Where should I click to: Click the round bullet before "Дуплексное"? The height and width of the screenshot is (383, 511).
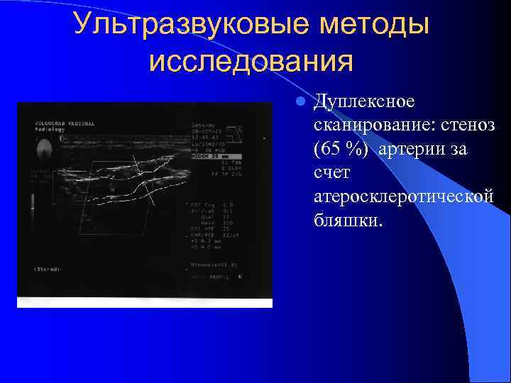(301, 102)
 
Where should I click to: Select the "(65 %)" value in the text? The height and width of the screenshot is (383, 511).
(342, 150)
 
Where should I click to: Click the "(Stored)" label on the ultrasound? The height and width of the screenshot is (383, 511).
(48, 270)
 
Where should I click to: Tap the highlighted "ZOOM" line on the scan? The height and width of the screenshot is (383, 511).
(216, 156)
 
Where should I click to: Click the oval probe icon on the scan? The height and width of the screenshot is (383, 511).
(45, 148)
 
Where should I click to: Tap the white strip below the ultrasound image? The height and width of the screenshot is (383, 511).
(144, 303)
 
